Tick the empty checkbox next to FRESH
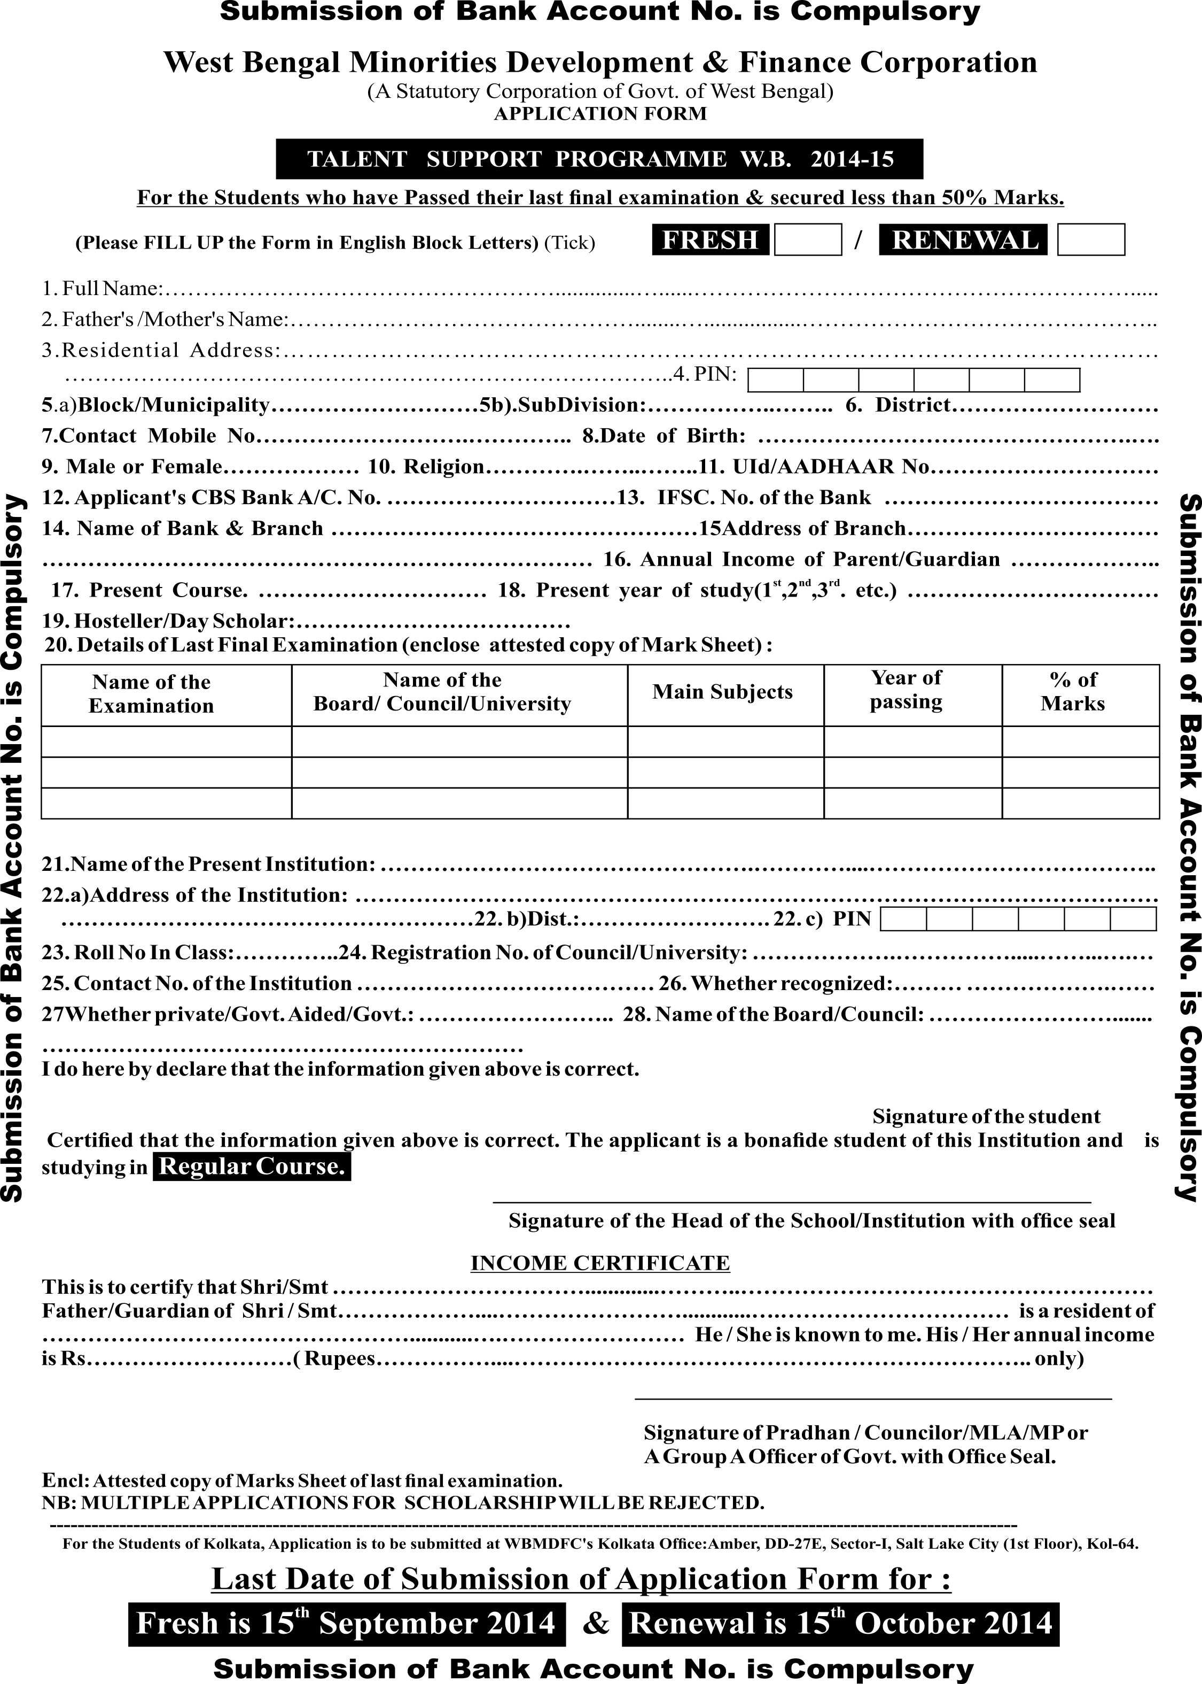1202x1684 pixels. click(808, 240)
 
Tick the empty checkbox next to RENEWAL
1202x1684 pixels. click(1090, 240)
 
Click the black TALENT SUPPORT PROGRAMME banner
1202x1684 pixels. click(599, 159)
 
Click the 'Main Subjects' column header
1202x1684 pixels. click(722, 692)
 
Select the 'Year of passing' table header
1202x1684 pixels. click(906, 690)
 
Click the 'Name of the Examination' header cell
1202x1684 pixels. click(152, 693)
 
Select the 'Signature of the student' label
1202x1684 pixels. click(986, 1116)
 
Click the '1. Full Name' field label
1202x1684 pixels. click(102, 288)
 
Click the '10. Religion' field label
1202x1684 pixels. click(426, 467)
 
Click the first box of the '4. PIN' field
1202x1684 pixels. click(776, 380)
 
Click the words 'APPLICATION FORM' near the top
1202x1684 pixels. click(600, 114)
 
